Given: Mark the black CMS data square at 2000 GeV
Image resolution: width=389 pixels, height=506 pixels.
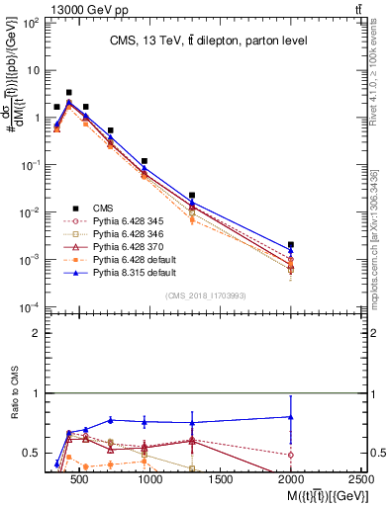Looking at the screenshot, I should tap(290, 244).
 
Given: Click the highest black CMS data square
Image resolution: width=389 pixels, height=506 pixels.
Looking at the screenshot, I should tap(68, 92).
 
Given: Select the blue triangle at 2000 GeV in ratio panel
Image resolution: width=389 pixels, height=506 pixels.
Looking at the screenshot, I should tap(290, 417).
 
